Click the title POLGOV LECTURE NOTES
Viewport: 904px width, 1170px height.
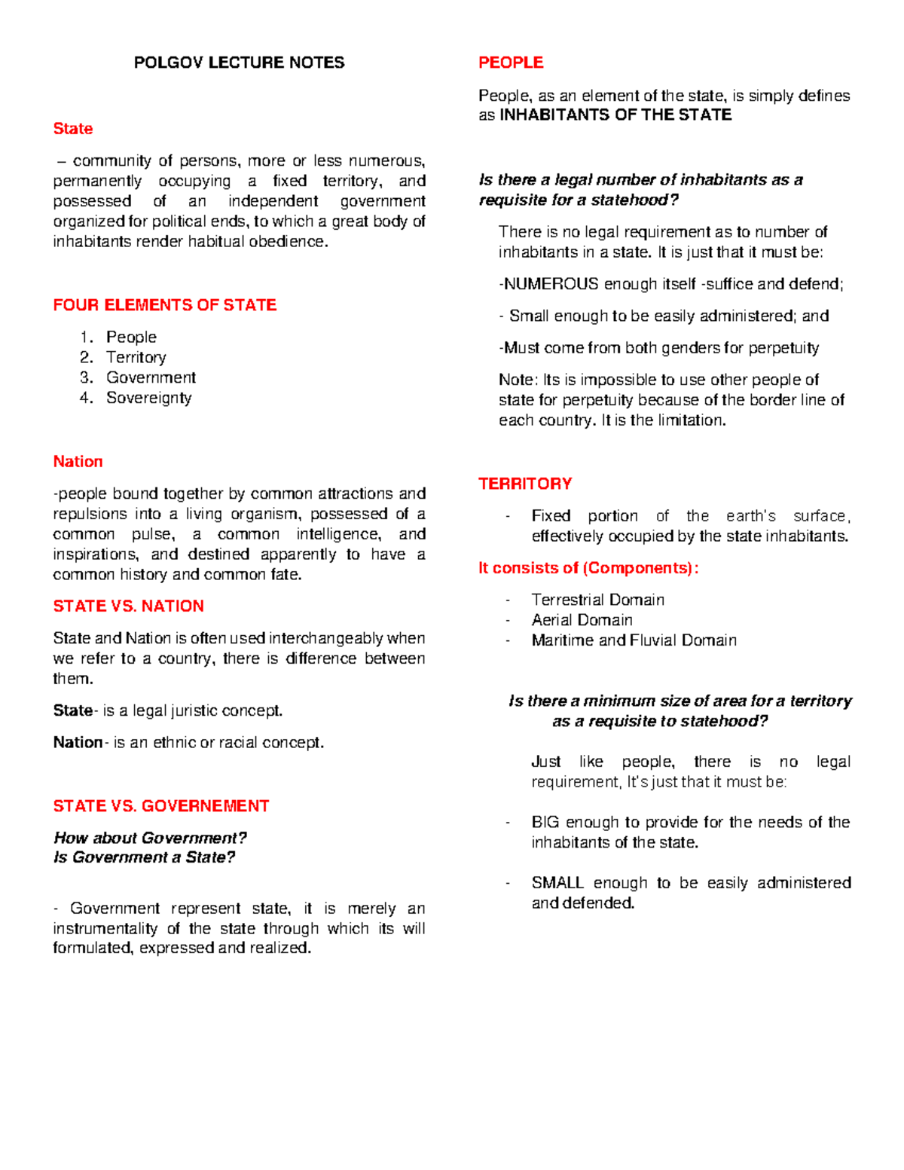tap(239, 63)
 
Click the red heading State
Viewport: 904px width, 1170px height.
tap(73, 129)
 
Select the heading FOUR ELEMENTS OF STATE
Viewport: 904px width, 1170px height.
tap(164, 305)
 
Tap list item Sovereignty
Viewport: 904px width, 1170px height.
tap(148, 398)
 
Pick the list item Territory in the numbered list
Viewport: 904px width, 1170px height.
tap(136, 357)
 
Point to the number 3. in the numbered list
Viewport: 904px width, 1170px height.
tap(87, 377)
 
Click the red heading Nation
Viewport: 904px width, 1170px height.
tap(78, 462)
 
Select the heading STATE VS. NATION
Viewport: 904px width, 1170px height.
tap(128, 606)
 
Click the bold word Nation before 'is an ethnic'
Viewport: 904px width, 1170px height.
tap(78, 743)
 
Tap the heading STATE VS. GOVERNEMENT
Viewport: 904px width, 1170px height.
tap(160, 806)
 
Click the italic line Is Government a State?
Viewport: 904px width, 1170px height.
tap(144, 857)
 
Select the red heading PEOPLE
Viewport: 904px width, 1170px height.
tap(511, 63)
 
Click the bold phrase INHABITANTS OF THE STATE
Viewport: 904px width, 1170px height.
tap(615, 115)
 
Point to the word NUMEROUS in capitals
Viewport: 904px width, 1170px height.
tap(551, 284)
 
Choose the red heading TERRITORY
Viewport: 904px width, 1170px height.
tap(525, 484)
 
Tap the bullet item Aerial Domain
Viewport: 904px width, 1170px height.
tap(582, 620)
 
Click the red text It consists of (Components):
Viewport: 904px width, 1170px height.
tap(588, 568)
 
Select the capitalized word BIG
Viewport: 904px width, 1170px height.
tap(545, 822)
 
